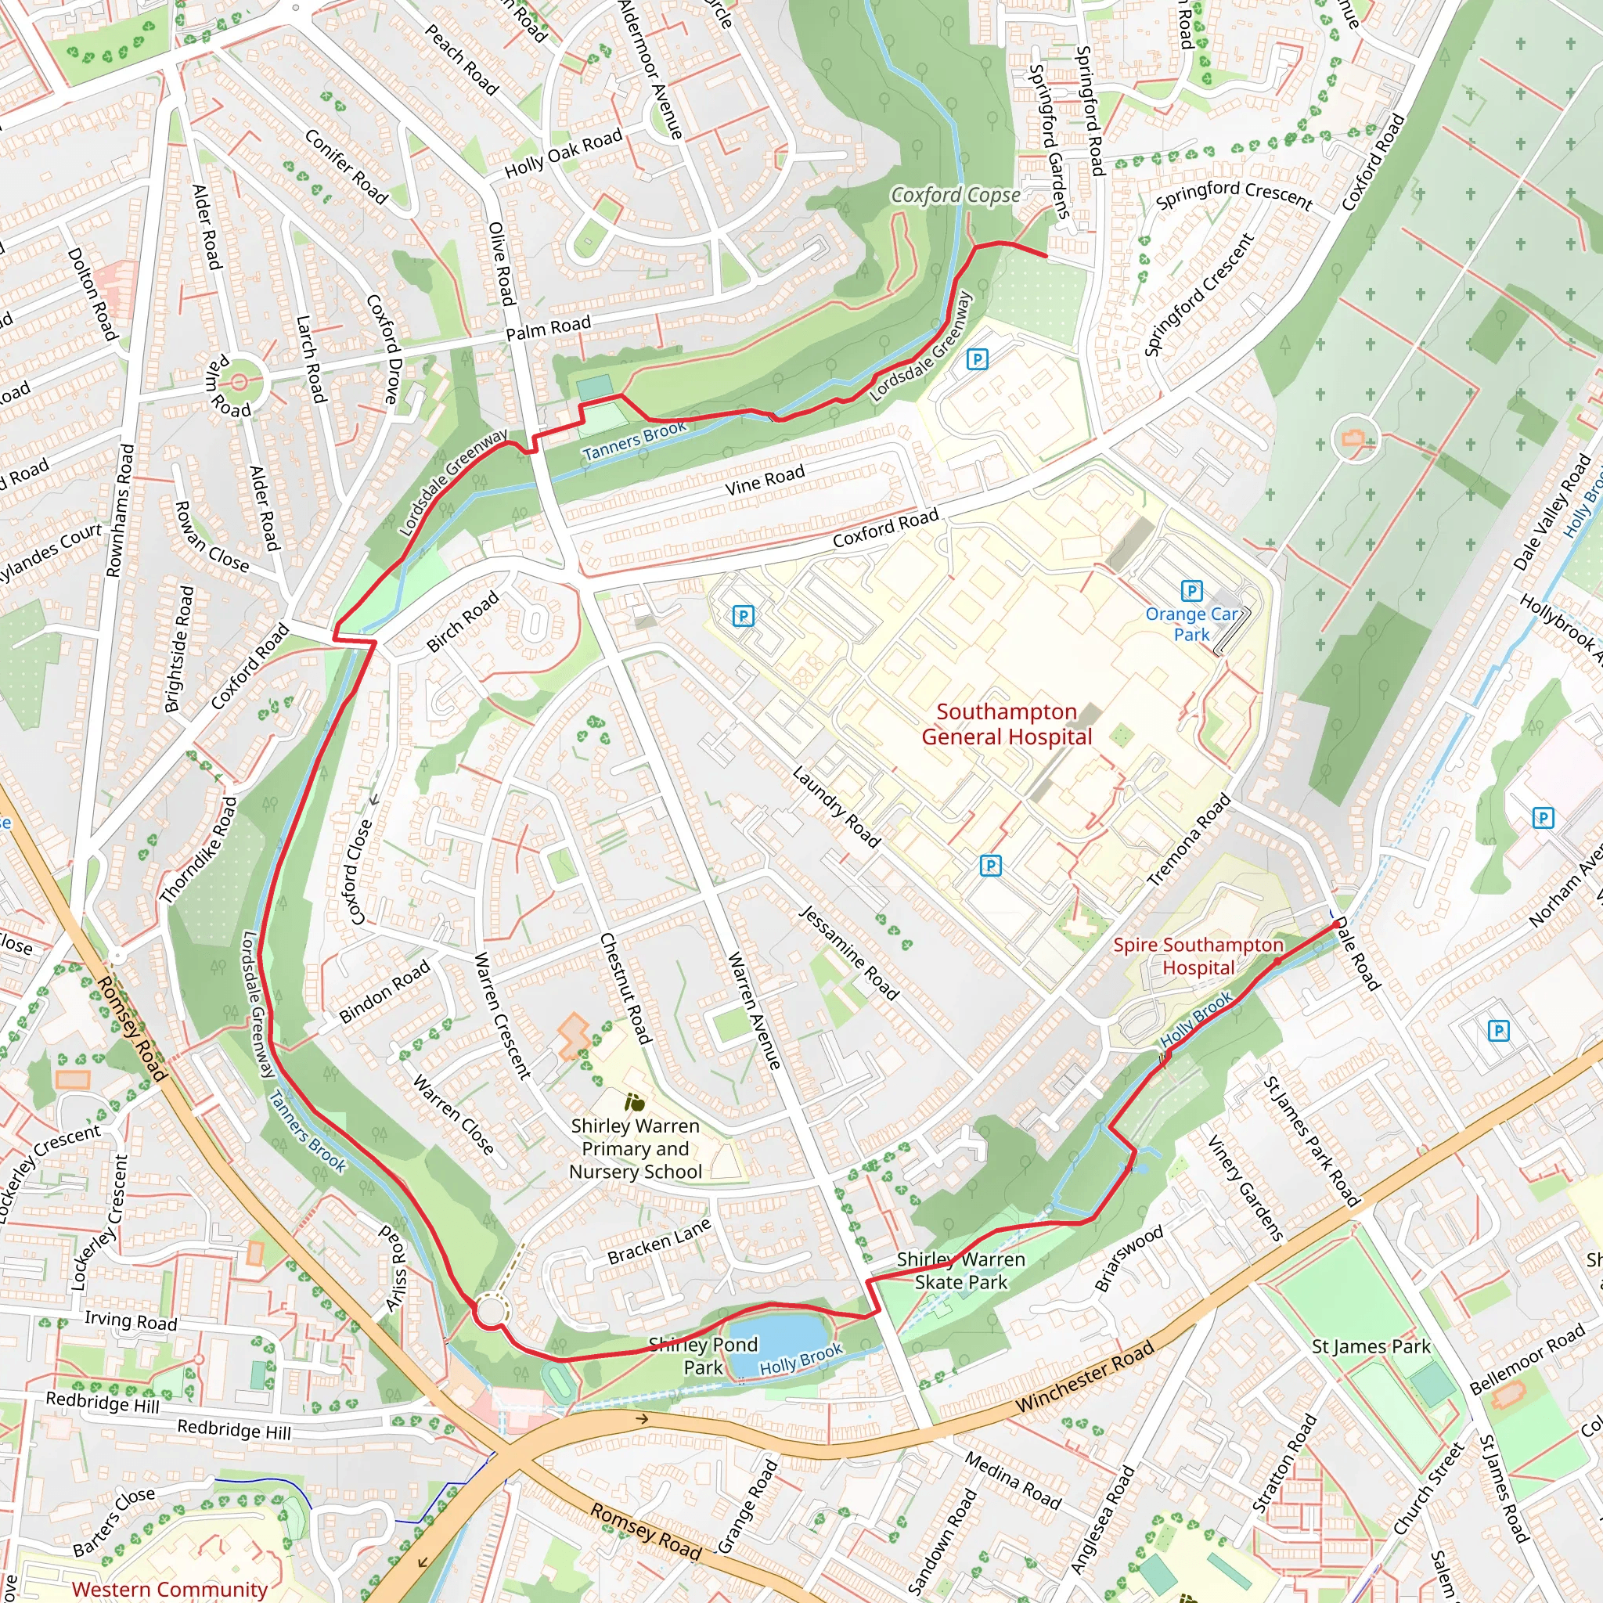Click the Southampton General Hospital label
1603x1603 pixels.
tap(1007, 724)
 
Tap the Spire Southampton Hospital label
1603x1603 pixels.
tap(1198, 956)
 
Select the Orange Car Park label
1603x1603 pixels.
tap(1191, 624)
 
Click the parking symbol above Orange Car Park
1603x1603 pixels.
tap(1191, 591)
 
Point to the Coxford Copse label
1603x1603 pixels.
tap(955, 195)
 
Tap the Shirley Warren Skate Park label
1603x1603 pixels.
tap(961, 1271)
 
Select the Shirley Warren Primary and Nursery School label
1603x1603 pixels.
tap(635, 1149)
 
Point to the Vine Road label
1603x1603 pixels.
tap(764, 481)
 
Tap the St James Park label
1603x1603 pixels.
tap(1371, 1346)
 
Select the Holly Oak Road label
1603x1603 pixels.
tap(564, 153)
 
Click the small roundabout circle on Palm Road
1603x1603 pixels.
tap(239, 382)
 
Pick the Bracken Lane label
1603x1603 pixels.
tap(659, 1241)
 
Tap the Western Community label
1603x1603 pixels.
tap(169, 1589)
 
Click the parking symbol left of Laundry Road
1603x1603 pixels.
tap(743, 616)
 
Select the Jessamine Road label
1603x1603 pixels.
tap(848, 953)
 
